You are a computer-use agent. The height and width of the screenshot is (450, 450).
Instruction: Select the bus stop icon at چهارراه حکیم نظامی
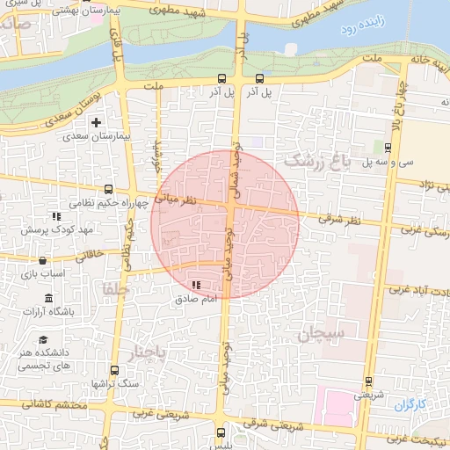[108, 189]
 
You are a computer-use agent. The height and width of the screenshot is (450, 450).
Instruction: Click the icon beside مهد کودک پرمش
[56, 215]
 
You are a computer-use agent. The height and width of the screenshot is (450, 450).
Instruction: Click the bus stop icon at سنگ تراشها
[114, 370]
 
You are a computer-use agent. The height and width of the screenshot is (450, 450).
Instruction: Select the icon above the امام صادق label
[194, 285]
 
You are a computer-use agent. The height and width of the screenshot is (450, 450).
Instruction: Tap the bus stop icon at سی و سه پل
[388, 147]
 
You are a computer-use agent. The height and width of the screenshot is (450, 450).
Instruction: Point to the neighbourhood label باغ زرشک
[317, 161]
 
